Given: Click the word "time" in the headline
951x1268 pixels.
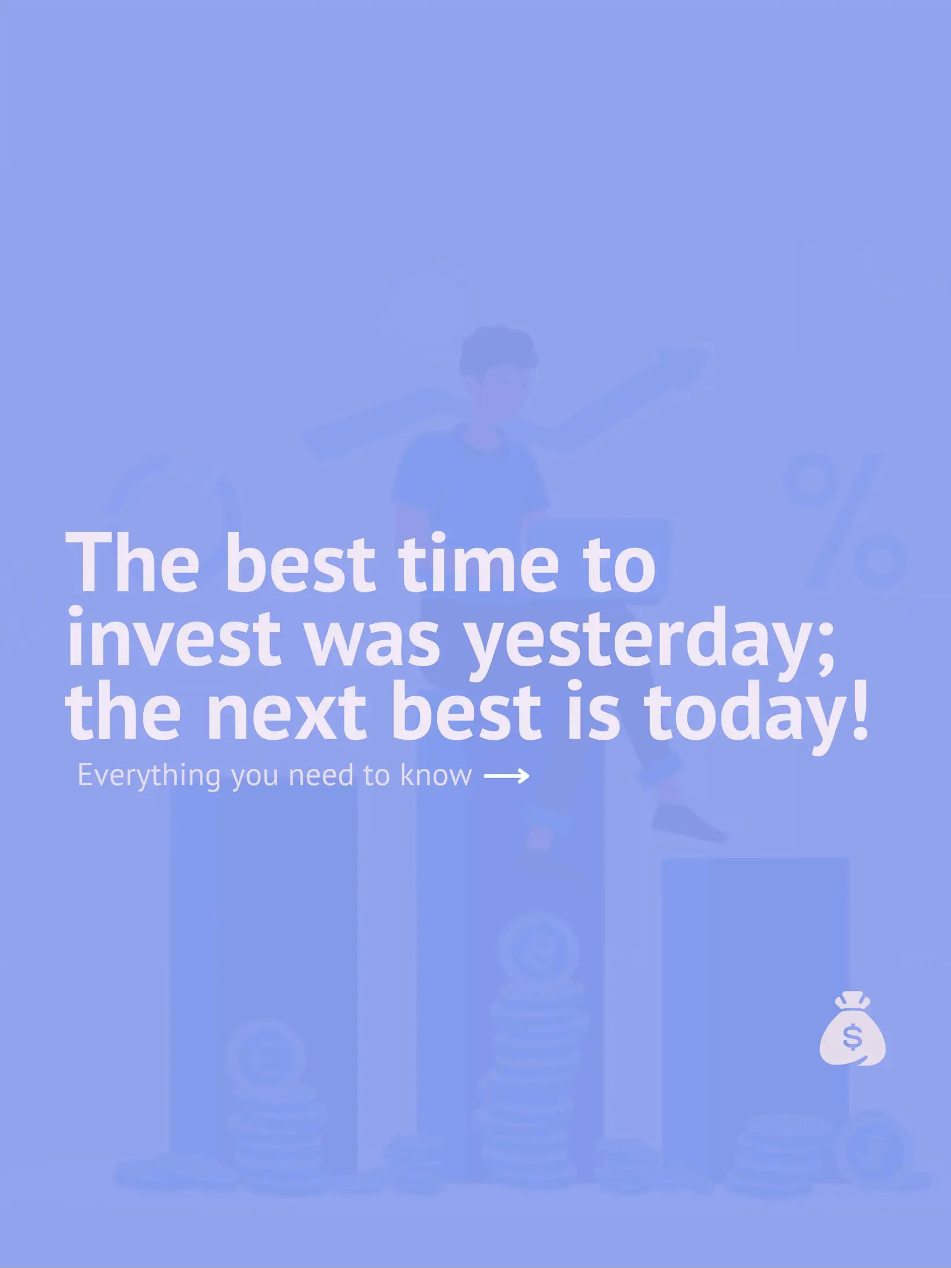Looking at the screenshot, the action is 478,563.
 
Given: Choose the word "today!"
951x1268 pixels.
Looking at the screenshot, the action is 756,718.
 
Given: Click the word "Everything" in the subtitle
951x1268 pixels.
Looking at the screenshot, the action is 149,776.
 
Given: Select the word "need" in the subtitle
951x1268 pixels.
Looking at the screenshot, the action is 321,775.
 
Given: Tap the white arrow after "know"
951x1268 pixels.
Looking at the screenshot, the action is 506,776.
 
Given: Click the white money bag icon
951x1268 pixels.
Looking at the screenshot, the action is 852,1029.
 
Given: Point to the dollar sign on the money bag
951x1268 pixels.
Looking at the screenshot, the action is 852,1037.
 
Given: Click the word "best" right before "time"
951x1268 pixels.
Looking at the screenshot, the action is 299,563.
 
